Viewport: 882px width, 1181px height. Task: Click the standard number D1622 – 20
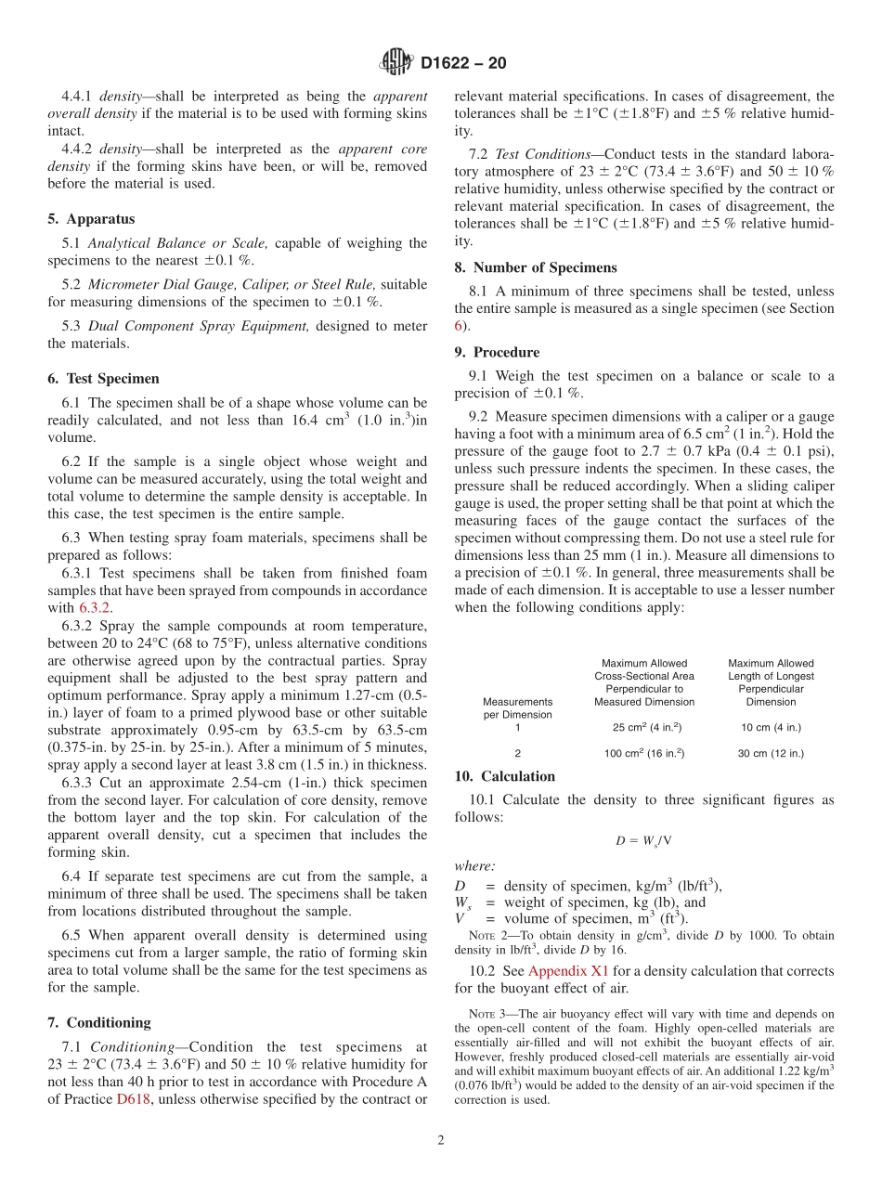(463, 64)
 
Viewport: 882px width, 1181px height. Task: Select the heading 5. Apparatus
(91, 219)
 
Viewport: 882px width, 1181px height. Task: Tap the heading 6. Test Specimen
(103, 379)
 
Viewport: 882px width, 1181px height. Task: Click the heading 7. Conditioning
(98, 1022)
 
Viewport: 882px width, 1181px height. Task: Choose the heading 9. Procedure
(497, 352)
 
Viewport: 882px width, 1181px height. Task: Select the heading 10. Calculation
(505, 776)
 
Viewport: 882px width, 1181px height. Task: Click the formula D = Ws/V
(643, 840)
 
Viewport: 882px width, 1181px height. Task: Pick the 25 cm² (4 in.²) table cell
(643, 727)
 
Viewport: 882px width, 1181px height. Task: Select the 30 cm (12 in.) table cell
(771, 753)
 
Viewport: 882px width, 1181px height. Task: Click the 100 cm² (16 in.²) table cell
(643, 753)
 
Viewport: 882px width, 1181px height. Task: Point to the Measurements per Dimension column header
(517, 708)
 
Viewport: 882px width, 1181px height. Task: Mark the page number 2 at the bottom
(441, 1140)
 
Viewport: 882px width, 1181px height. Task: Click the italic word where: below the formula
(474, 865)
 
